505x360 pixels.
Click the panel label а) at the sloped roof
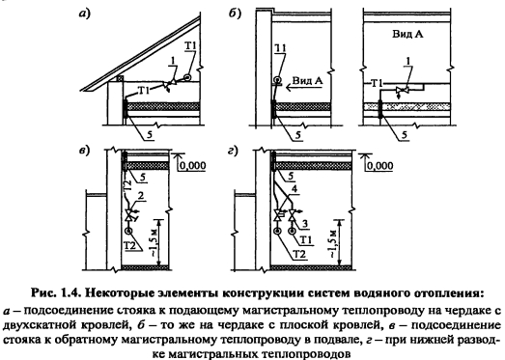85,14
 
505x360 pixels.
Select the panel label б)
235,14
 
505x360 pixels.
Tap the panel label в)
84,151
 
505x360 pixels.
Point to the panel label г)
233,151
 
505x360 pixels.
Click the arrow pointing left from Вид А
304,87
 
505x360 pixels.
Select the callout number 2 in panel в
140,196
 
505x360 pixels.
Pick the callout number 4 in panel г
294,189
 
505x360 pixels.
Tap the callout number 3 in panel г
305,224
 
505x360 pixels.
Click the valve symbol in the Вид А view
403,90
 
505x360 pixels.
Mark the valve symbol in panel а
169,84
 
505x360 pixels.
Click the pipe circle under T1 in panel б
277,79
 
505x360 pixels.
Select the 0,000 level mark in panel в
192,165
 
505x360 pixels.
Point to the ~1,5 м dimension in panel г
334,243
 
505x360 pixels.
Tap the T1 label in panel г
305,240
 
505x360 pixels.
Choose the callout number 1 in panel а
173,60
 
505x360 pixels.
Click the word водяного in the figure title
379,293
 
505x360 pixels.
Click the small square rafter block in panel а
120,78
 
